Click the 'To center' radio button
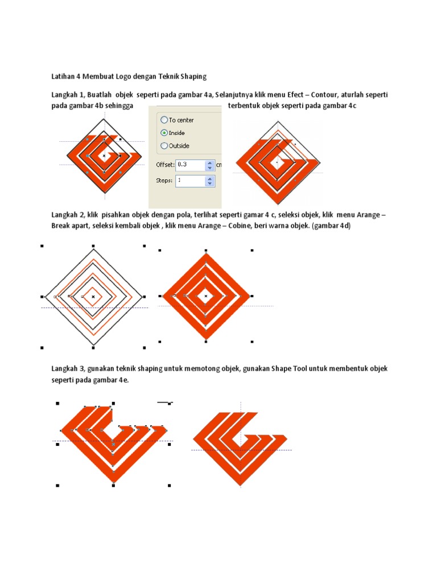pos(164,120)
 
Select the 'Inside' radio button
pos(164,133)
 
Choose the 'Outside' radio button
pos(164,145)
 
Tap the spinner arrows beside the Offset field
pos(210,165)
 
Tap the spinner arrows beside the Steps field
pos(210,180)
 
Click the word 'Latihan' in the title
pos(63,76)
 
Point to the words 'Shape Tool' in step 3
pos(291,369)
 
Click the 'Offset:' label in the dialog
pos(164,165)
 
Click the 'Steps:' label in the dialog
pos(163,180)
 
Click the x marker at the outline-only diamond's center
pos(93,297)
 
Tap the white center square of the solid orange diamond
pos(207,295)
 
